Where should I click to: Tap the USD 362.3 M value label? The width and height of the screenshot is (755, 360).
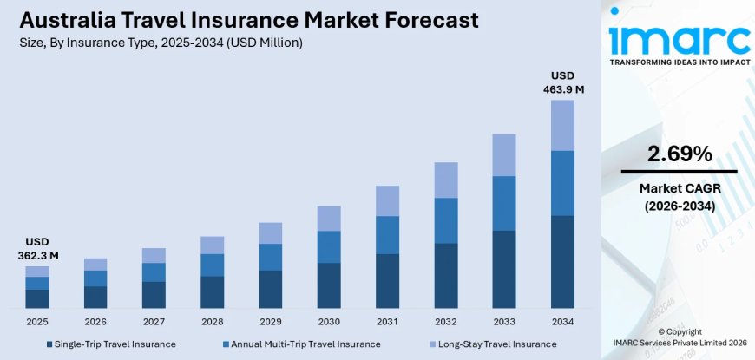coord(36,248)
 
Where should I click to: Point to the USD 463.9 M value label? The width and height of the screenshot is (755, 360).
coord(562,82)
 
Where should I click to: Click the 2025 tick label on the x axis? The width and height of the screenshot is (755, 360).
coord(36,321)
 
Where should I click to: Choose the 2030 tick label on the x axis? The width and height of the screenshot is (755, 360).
coord(329,321)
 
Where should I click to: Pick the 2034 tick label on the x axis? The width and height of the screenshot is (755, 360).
coord(562,321)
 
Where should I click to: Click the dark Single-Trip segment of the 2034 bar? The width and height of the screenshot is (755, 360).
coord(562,261)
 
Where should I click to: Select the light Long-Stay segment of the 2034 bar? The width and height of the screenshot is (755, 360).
coord(562,125)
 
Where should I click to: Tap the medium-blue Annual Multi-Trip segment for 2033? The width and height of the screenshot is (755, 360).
coord(504,203)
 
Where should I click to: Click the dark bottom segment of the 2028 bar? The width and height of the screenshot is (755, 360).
coord(212,292)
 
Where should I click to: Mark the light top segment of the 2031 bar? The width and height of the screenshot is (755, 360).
coord(387,200)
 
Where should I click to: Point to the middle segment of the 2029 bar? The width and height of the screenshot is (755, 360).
coord(271,257)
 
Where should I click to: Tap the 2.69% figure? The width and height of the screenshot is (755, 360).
coord(679,154)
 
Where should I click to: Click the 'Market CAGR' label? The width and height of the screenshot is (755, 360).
coord(679,188)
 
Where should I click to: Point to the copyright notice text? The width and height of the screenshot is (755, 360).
coord(679,337)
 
